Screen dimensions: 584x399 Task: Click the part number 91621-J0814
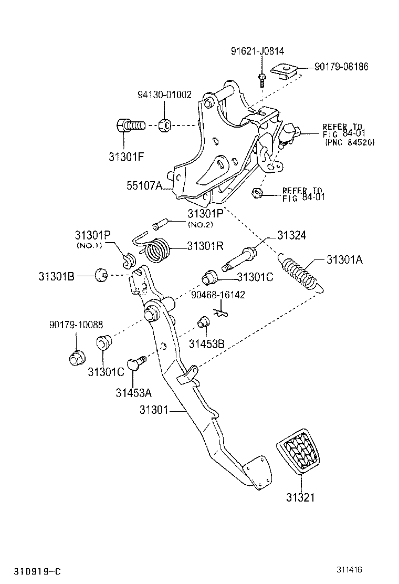(257, 51)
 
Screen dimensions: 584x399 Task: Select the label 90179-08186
(341, 67)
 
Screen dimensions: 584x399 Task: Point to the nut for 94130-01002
(164, 126)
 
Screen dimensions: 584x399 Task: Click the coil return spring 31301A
(301, 273)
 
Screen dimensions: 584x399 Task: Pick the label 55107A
(144, 185)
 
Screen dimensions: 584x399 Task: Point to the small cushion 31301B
(101, 274)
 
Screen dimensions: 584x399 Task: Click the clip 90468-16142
(222, 314)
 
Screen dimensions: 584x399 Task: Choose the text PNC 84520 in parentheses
(349, 142)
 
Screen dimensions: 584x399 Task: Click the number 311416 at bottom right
(350, 569)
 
